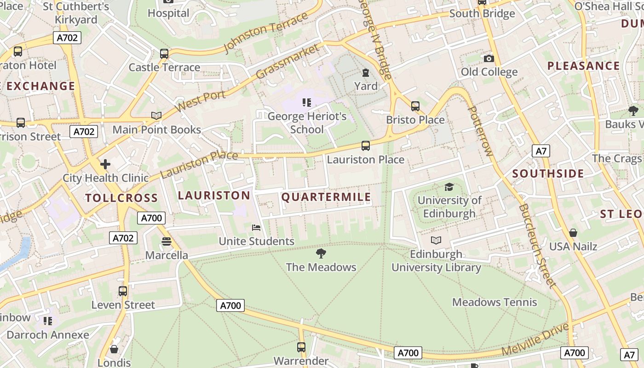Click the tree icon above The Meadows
[x=321, y=253]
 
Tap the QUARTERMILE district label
[x=326, y=197]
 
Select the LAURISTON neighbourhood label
[x=214, y=195]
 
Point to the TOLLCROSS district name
[x=121, y=198]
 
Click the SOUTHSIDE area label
[x=548, y=174]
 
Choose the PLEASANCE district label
[x=583, y=66]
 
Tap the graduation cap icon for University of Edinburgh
[x=449, y=187]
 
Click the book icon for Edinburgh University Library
[x=436, y=240]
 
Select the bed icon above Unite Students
[x=256, y=228]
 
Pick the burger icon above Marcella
[x=167, y=241]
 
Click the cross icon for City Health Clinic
[x=105, y=164]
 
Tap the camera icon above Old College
[x=489, y=58]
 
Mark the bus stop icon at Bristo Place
[x=415, y=106]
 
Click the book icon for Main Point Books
[x=156, y=116]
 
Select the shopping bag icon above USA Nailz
[x=573, y=233]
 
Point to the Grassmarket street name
[x=287, y=61]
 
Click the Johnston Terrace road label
[x=265, y=33]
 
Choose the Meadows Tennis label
[x=494, y=302]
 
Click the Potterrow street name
[x=480, y=131]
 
